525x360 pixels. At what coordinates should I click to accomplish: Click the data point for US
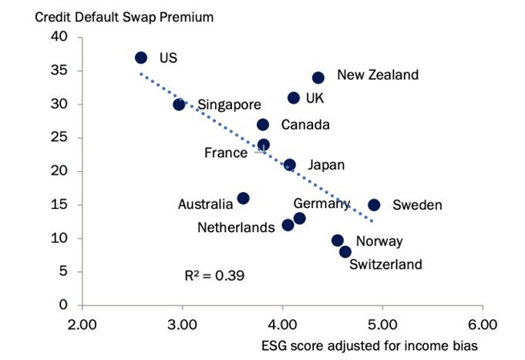pos(141,58)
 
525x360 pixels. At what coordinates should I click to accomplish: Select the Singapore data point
pos(179,104)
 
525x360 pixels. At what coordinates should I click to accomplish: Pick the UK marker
pos(294,98)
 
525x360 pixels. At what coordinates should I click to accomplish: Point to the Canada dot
pos(263,124)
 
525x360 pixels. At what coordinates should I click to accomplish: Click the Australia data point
pos(243,198)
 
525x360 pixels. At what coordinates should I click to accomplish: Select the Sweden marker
pos(374,205)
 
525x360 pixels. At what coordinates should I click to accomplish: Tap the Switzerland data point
pos(345,252)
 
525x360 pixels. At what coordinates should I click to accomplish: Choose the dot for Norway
pos(338,241)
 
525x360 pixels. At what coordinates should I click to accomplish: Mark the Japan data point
pos(290,165)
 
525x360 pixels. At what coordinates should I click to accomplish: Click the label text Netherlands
pos(236,227)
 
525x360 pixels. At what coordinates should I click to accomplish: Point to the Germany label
pos(321,204)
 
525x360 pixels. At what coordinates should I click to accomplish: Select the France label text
pos(226,153)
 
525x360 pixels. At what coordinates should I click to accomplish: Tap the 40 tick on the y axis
pos(59,37)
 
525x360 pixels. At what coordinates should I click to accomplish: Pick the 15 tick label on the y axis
pos(59,205)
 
